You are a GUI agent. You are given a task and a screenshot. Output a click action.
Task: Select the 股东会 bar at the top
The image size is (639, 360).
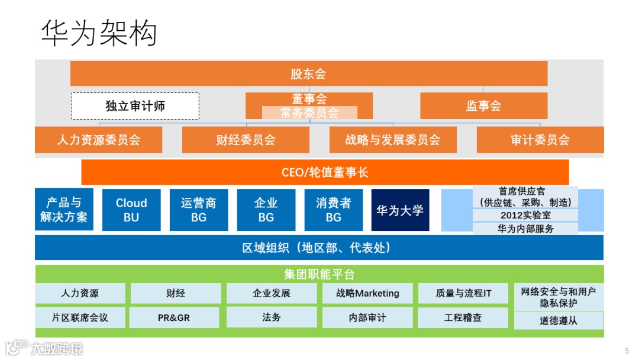coord(308,73)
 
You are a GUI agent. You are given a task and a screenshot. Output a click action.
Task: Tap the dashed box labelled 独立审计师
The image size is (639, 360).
coord(135,106)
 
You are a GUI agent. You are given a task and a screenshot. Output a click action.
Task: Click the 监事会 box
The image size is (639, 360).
coord(483,106)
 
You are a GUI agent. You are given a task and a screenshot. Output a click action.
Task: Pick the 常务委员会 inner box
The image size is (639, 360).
coord(309,112)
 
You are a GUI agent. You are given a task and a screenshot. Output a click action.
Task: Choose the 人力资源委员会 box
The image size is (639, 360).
coord(98,140)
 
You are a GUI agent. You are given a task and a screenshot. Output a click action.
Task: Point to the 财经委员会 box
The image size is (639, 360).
coord(246,140)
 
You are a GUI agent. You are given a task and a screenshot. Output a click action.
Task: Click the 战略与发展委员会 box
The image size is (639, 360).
coord(393,140)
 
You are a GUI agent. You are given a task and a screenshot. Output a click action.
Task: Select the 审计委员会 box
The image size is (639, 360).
coord(540,140)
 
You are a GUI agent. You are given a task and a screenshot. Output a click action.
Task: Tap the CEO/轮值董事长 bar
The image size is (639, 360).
coord(325,172)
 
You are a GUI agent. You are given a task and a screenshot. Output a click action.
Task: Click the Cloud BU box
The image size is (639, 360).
coord(131,210)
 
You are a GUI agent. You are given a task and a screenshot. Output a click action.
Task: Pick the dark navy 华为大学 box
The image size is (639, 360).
coord(400,210)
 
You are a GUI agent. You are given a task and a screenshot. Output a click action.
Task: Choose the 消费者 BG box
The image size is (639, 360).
coord(333,210)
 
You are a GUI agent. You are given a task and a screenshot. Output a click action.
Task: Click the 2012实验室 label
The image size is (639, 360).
coord(525,215)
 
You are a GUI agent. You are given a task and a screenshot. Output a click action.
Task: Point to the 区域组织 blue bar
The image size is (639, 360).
coord(319,247)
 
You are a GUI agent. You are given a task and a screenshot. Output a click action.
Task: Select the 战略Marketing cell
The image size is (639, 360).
coord(367,293)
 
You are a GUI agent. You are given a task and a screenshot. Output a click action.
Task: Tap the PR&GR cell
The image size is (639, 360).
coord(174,317)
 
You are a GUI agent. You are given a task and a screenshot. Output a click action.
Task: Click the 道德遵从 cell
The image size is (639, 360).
coord(559,321)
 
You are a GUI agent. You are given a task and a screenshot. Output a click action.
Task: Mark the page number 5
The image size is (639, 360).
coord(627,350)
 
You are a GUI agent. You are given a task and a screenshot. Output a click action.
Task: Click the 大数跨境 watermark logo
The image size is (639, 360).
coord(44,348)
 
